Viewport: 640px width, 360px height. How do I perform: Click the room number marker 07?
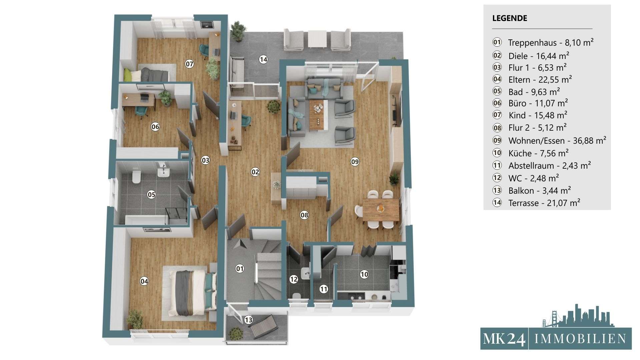(x=189, y=64)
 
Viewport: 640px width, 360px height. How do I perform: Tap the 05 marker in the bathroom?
(x=151, y=194)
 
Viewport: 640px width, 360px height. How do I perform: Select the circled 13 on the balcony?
(x=248, y=320)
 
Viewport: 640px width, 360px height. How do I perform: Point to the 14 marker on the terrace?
(x=263, y=60)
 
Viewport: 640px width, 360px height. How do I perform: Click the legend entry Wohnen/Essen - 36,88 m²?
(x=557, y=140)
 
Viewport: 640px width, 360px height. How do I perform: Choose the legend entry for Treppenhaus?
(x=551, y=42)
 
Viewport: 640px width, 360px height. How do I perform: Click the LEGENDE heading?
(x=510, y=18)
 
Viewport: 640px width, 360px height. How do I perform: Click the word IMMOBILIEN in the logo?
(x=580, y=339)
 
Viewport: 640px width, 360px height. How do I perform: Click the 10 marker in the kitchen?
(x=364, y=274)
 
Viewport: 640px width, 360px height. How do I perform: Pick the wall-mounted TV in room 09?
(x=396, y=111)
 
